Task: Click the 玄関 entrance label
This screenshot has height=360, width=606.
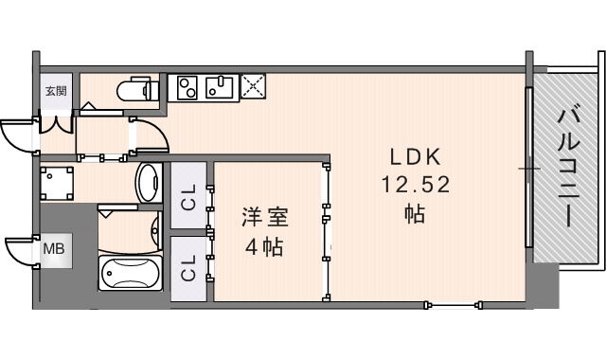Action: (x=57, y=91)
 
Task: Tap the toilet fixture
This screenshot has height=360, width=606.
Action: (x=137, y=89)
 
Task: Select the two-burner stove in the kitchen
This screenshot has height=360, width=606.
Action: (x=187, y=87)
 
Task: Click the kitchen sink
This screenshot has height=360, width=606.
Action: (x=219, y=87)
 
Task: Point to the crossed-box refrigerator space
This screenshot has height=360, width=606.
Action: (x=253, y=85)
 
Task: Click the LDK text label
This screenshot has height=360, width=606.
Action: (x=416, y=157)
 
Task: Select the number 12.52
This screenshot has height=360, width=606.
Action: (x=416, y=185)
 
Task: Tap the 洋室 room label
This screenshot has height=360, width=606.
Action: (x=265, y=217)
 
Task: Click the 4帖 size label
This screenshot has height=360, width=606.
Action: (x=265, y=246)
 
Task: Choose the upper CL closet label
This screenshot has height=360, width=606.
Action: (x=189, y=197)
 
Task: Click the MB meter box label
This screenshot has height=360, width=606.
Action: (x=54, y=248)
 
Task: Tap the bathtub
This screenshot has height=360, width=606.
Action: (x=130, y=273)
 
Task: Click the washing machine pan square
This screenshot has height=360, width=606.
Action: (x=57, y=183)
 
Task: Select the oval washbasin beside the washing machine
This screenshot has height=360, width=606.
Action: (x=149, y=183)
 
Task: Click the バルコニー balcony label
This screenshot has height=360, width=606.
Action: (x=569, y=167)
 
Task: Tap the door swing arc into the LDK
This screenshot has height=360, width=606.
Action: (x=159, y=130)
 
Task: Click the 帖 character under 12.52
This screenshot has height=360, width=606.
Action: (x=415, y=214)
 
